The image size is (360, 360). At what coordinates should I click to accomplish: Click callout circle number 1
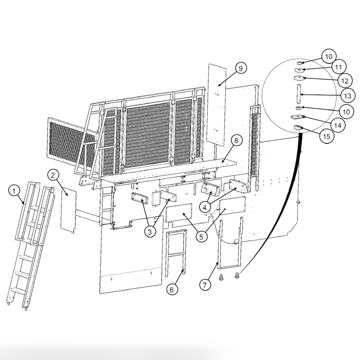point(14,191)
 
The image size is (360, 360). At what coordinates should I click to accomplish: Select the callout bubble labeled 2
point(53,175)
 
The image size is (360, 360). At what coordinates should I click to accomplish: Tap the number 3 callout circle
point(150,232)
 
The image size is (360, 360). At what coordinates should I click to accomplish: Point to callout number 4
point(206,207)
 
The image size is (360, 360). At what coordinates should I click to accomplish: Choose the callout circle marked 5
point(201,236)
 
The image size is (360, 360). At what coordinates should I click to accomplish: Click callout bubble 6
point(172,289)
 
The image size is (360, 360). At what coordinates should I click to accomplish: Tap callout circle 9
point(241,68)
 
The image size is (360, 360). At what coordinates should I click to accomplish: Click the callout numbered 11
point(338,67)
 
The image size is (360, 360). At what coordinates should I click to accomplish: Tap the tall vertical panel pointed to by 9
point(217,105)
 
